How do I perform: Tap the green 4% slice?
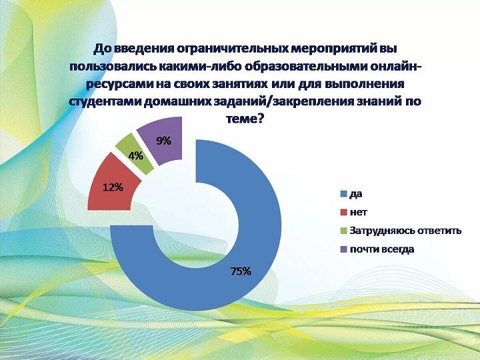pos(135,154)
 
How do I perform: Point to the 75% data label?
pos(241,271)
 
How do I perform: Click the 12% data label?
pos(113,187)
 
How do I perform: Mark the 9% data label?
pos(163,141)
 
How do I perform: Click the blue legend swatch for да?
pos(344,194)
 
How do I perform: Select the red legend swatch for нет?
pos(344,212)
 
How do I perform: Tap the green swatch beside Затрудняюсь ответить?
pos(344,231)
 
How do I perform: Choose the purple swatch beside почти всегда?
pos(344,249)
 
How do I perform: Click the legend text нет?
pos(358,212)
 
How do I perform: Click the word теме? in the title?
pos(245,119)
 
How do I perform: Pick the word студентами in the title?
pos(103,101)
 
